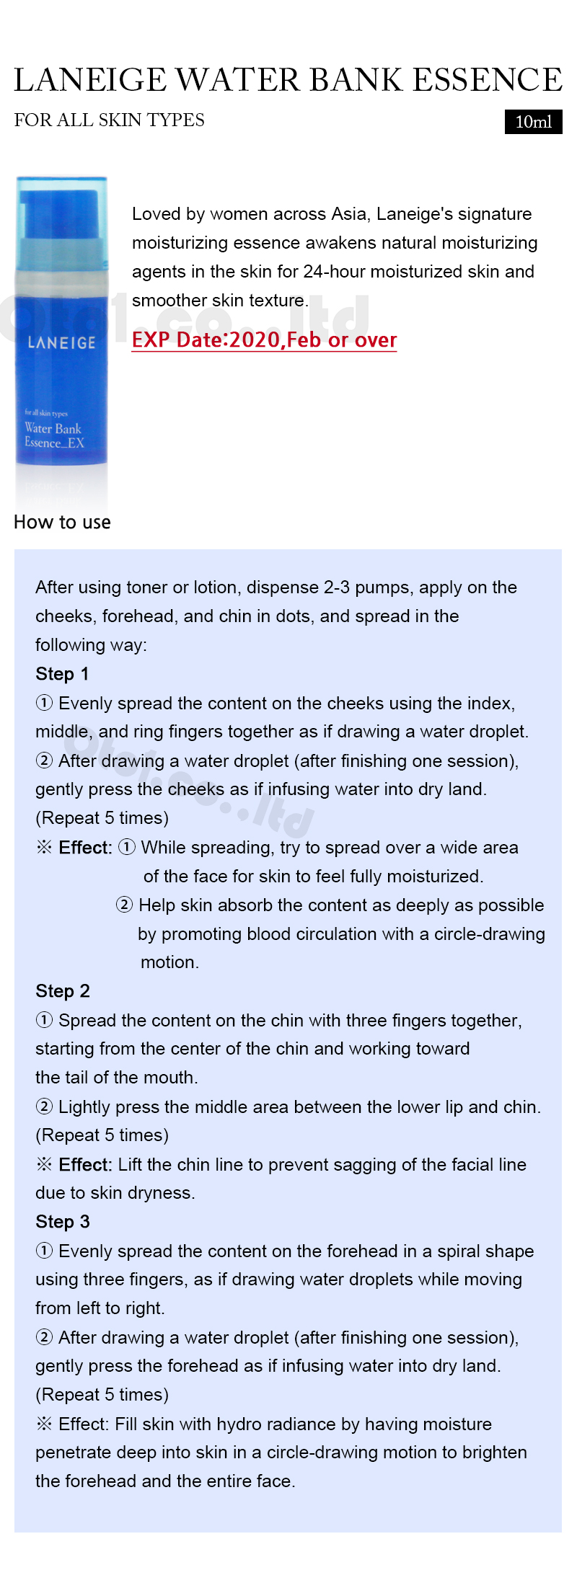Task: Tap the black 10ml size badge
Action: pyautogui.click(x=533, y=122)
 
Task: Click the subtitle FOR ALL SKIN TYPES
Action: pyautogui.click(x=110, y=120)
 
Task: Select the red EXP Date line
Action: pyautogui.click(x=264, y=340)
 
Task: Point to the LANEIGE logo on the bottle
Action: pyautogui.click(x=61, y=342)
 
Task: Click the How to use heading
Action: pyautogui.click(x=63, y=522)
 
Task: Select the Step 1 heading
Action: pyautogui.click(x=62, y=674)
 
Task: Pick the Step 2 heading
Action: pyautogui.click(x=63, y=991)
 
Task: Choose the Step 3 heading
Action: pyautogui.click(x=63, y=1222)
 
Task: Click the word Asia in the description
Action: pyautogui.click(x=348, y=214)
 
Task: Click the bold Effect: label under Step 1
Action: pyautogui.click(x=85, y=848)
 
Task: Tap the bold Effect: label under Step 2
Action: pyautogui.click(x=85, y=1165)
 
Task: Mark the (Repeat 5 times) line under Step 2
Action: pyautogui.click(x=102, y=1135)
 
